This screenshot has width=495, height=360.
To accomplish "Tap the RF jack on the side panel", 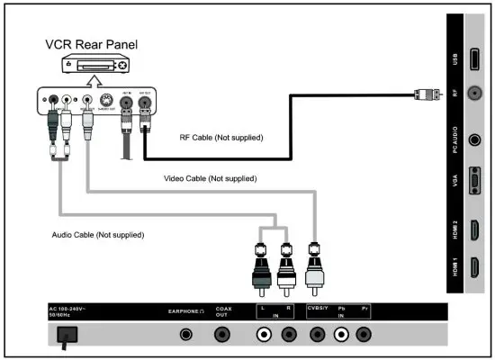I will tap(474, 91).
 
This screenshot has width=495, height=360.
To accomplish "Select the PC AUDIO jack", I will tap(474, 140).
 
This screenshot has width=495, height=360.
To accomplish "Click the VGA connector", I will tap(474, 185).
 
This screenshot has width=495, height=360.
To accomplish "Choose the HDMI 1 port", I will tap(474, 271).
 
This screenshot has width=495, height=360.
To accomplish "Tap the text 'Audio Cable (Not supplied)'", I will tap(98, 234).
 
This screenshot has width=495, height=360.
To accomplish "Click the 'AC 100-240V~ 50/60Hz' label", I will tap(70, 311).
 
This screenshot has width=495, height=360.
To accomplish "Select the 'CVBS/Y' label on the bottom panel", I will tap(316, 309).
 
